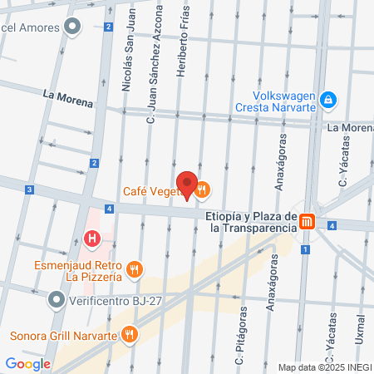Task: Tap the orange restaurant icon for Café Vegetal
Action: tap(203, 191)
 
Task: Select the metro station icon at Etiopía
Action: tap(308, 221)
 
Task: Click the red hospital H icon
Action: tap(92, 240)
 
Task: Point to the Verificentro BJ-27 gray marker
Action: tap(56, 298)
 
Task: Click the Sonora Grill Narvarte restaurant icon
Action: tap(129, 336)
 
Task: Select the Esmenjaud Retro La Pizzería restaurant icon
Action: tap(137, 269)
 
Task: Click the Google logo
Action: tap(27, 363)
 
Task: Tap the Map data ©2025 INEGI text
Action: tap(322, 367)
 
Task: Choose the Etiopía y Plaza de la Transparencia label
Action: tap(249, 220)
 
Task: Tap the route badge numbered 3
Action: tap(29, 190)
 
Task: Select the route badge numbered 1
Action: tap(305, 250)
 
